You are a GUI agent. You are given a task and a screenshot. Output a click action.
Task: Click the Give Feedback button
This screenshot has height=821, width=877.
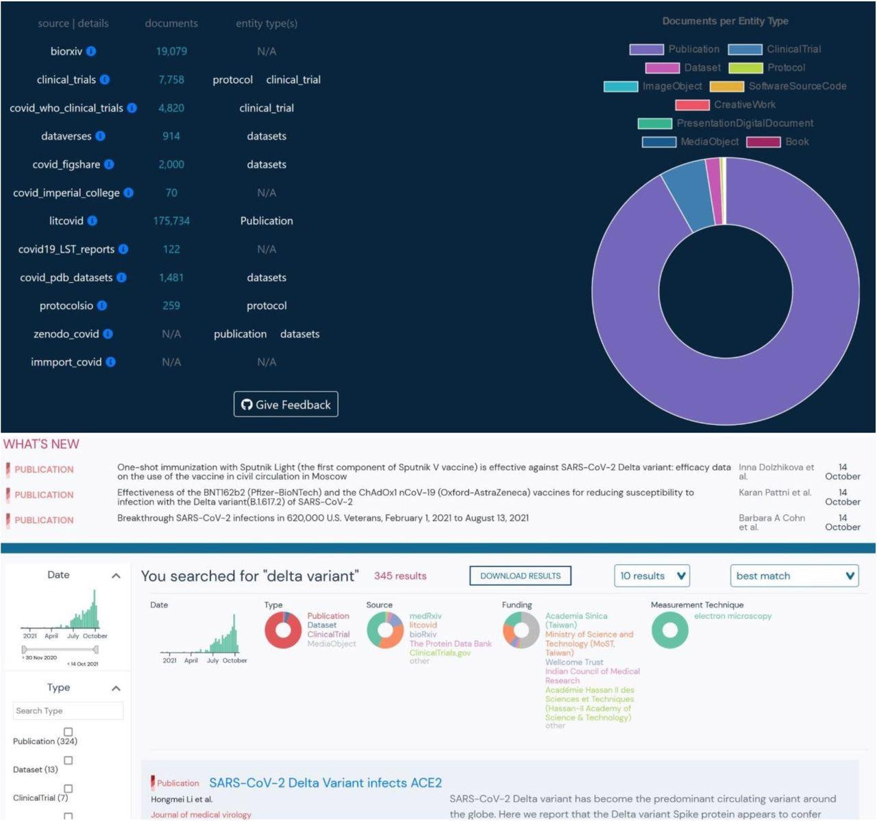[x=286, y=405]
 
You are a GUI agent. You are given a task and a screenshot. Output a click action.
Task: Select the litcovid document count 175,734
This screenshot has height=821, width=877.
[x=171, y=220]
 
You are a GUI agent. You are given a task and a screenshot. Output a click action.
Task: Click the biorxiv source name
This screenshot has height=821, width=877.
[x=66, y=51]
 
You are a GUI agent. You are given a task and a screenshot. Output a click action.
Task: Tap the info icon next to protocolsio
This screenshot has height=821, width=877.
[x=102, y=305]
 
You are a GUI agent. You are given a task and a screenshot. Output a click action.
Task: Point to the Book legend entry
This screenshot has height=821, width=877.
[x=778, y=142]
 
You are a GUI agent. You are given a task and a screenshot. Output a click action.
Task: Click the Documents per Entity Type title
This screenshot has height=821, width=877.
[x=725, y=21]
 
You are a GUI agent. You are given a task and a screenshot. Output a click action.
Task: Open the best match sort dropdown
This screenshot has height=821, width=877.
[x=794, y=576]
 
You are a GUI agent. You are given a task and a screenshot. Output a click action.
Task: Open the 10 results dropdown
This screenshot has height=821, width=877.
[x=652, y=576]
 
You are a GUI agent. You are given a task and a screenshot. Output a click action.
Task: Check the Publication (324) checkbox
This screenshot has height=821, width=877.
[x=68, y=732]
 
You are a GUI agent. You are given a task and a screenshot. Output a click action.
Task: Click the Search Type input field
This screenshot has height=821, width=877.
[x=68, y=711]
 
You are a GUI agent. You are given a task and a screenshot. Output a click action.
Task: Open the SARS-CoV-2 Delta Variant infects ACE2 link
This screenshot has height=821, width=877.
[x=325, y=783]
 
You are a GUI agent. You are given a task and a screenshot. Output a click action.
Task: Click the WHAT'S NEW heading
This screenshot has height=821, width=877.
[x=41, y=444]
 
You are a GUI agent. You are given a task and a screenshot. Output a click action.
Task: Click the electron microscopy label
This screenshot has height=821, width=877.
[x=732, y=616]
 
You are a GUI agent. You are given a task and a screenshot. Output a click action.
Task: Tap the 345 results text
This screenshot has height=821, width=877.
[x=400, y=576]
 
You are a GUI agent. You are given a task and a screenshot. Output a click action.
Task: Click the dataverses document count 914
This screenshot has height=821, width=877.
[x=171, y=136]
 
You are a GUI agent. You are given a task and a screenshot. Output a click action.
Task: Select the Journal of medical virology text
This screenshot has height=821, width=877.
[x=201, y=815]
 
